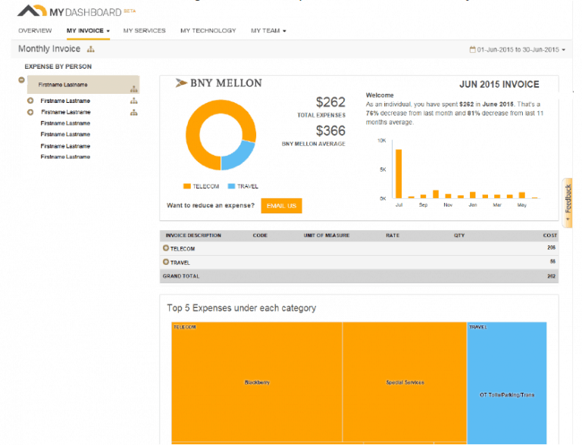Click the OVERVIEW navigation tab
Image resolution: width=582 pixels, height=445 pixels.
tap(35, 31)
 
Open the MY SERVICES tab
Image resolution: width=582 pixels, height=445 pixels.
tap(144, 31)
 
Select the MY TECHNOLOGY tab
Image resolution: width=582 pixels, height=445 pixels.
tap(208, 31)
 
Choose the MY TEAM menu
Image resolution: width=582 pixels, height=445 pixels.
tap(268, 31)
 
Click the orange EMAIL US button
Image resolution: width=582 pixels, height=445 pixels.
tap(281, 206)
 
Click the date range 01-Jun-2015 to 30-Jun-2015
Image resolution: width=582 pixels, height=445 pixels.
tap(518, 50)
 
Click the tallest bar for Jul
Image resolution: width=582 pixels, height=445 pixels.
tap(399, 173)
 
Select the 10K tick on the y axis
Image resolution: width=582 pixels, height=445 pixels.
tap(383, 141)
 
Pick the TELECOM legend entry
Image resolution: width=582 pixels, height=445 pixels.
tap(201, 186)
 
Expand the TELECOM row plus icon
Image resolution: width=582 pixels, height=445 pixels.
tap(166, 249)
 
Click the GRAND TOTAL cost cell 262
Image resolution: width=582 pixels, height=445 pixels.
tap(552, 276)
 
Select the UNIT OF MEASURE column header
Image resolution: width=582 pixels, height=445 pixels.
tap(327, 235)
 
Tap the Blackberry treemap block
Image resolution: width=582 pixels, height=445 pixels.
tap(257, 382)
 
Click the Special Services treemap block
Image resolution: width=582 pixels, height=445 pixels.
tap(405, 382)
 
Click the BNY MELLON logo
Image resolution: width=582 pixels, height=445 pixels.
tap(219, 83)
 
